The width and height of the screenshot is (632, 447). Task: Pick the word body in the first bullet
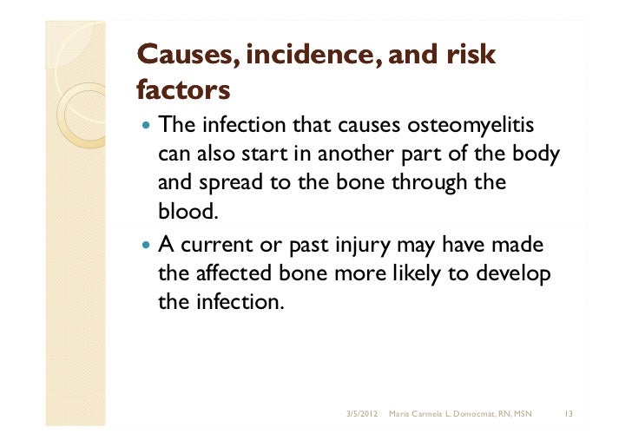535,154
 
